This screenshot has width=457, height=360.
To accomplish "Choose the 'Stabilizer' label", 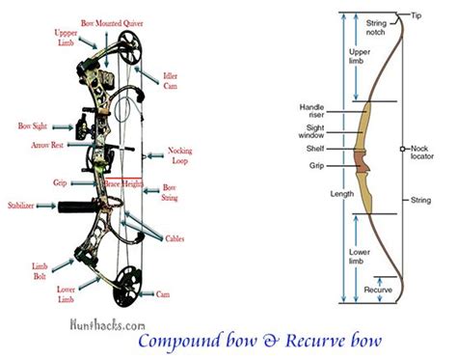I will tap(28, 205).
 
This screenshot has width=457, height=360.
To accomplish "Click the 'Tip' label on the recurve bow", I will tap(416, 14).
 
